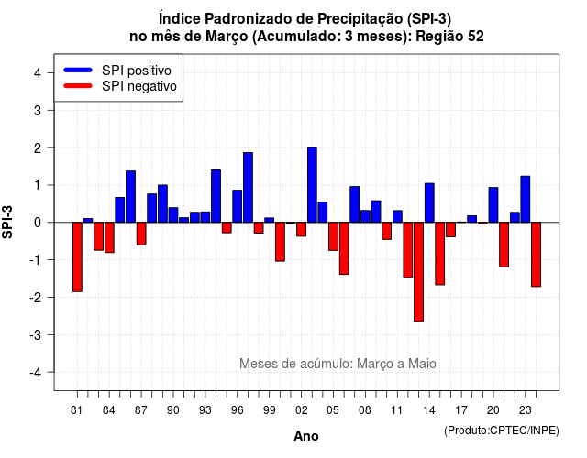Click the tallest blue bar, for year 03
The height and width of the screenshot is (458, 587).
(x=312, y=185)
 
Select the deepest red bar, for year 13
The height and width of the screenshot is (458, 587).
(x=418, y=272)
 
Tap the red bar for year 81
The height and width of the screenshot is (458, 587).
(x=77, y=256)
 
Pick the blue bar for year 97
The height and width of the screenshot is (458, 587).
(x=248, y=187)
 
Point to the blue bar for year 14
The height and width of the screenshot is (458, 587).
(x=429, y=202)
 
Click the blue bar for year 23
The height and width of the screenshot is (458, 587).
(x=526, y=200)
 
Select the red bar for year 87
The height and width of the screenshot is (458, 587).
(x=141, y=234)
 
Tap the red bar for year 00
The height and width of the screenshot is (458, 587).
(x=280, y=242)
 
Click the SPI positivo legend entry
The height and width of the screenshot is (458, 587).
(x=117, y=71)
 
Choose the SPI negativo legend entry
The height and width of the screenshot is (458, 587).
(x=120, y=86)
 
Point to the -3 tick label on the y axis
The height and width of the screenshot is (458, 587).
(x=36, y=334)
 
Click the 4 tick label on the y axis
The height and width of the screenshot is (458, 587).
(x=38, y=73)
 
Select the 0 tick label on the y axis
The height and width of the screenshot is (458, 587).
(x=38, y=223)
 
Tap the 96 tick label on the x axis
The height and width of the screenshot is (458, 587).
(x=237, y=410)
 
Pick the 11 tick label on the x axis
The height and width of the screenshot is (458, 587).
(x=397, y=410)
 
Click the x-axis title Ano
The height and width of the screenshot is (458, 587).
(x=306, y=436)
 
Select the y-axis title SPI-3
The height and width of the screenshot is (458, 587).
(x=7, y=222)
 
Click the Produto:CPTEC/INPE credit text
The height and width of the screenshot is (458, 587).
(x=502, y=431)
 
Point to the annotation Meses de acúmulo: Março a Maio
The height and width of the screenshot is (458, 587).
(x=338, y=364)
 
